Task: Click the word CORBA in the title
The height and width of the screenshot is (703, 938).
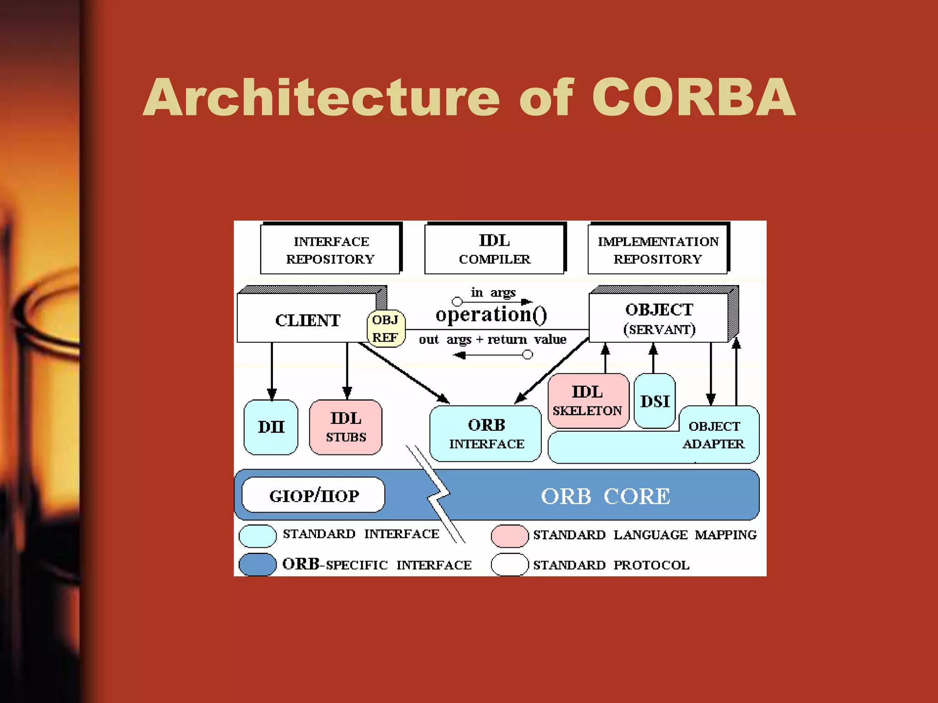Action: click(x=693, y=97)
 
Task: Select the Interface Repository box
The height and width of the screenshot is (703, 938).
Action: click(x=330, y=249)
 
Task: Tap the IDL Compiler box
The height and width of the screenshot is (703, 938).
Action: click(x=494, y=249)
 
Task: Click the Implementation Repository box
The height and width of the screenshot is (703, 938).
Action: click(x=658, y=249)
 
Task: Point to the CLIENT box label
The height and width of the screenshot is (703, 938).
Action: click(x=307, y=320)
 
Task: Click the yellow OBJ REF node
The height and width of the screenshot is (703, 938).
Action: click(x=386, y=329)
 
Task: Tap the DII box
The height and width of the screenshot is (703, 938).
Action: click(x=271, y=427)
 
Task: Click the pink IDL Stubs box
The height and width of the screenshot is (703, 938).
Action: click(x=346, y=427)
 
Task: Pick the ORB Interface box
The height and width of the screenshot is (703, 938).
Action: click(x=486, y=433)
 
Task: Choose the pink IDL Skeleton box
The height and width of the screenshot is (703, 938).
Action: click(x=588, y=400)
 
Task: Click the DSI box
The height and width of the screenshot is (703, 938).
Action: click(x=654, y=401)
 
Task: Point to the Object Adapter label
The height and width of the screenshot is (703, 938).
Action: click(x=714, y=435)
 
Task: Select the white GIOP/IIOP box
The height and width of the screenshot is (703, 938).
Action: click(x=314, y=495)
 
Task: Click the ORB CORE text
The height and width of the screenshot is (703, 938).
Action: click(x=605, y=496)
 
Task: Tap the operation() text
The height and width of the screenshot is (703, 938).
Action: click(x=491, y=315)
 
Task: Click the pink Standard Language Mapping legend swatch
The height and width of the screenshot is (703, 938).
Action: click(x=509, y=536)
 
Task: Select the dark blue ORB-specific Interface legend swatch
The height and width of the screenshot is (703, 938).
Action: click(x=257, y=564)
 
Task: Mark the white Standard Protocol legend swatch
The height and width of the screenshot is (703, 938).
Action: click(x=509, y=564)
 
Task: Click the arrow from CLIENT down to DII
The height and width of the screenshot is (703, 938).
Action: click(x=272, y=371)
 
